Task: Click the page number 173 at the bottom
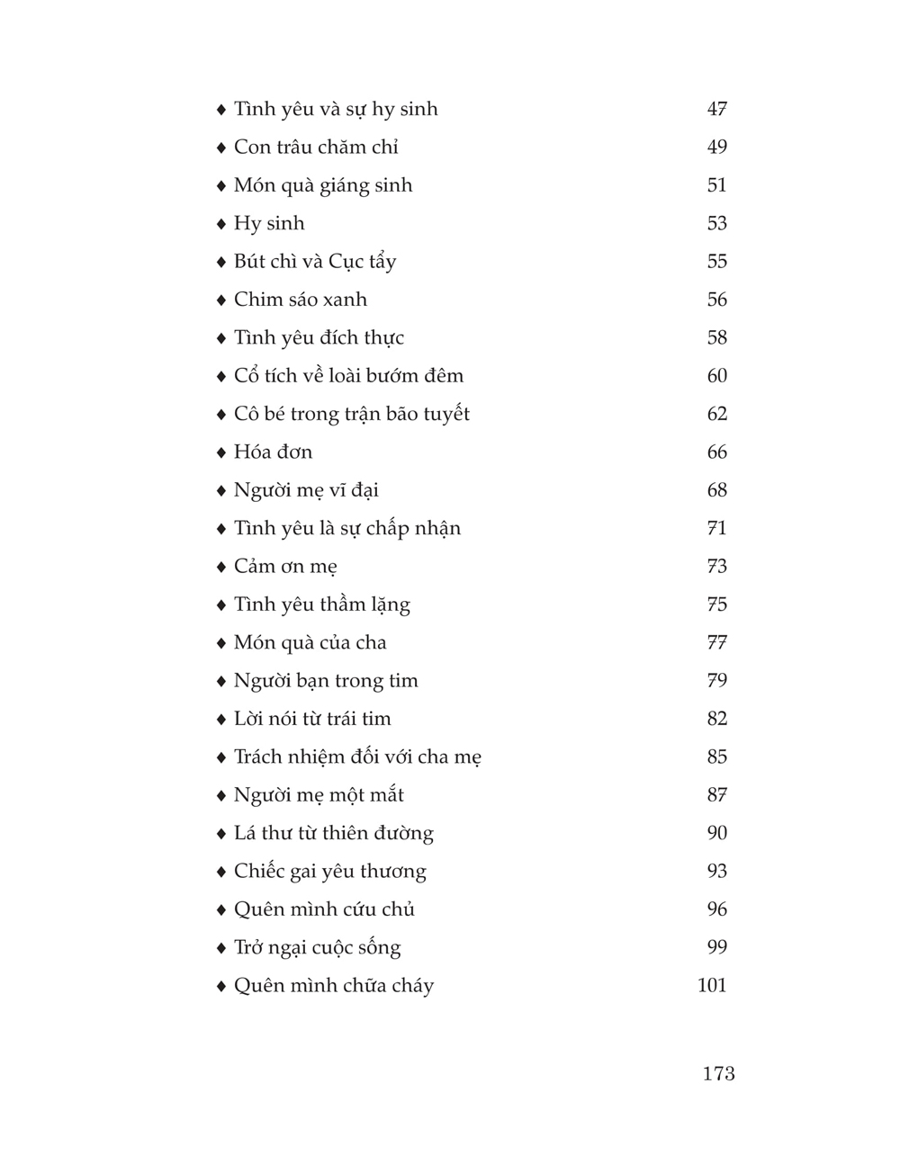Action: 718,1073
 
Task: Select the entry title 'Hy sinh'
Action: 269,223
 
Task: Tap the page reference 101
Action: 712,985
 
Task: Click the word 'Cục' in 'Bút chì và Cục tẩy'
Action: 346,262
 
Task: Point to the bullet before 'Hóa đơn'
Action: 221,452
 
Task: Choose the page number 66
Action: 716,452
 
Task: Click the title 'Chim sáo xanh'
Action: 300,300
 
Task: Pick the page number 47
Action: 716,109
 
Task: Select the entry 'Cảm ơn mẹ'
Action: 285,567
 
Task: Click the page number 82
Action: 716,719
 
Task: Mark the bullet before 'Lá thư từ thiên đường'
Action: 221,834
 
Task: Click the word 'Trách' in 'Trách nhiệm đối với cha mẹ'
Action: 259,757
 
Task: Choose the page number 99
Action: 716,947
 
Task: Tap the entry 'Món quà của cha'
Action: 310,642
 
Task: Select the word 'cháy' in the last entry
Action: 412,986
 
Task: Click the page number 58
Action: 716,337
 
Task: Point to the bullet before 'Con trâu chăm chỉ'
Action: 221,148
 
